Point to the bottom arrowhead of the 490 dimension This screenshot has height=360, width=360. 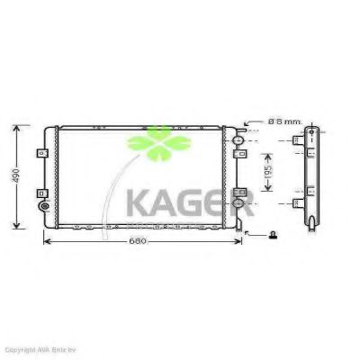(19, 227)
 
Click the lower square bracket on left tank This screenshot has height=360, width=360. (44, 190)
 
